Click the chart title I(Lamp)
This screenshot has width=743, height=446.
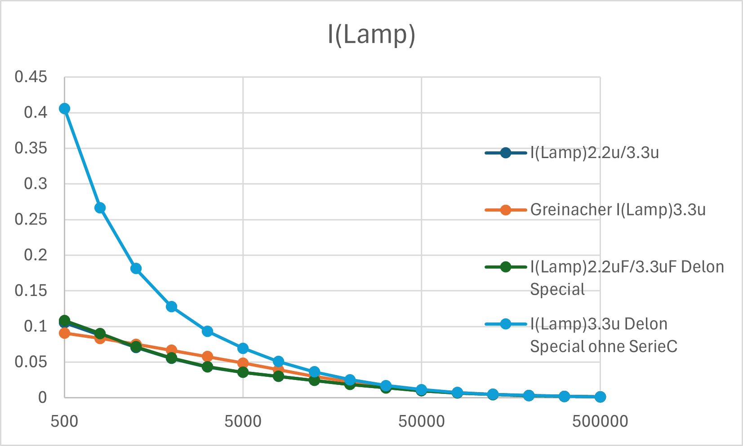[371, 35]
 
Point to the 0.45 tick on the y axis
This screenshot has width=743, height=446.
[31, 77]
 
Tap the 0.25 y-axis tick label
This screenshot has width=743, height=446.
[31, 219]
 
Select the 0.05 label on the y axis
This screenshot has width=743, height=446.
[31, 362]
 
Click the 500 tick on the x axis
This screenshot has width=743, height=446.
[64, 421]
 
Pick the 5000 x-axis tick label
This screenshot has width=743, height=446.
[243, 421]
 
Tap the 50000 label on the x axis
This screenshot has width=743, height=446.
[421, 421]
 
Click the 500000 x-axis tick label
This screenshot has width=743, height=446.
[600, 421]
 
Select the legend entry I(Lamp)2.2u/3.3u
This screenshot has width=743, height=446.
[594, 153]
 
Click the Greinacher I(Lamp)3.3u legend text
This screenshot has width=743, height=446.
[618, 210]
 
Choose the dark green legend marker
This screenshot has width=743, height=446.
[505, 267]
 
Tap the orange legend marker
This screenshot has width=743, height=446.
[505, 210]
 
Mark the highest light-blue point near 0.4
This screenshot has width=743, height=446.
[64, 108]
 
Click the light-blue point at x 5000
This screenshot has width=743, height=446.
[243, 349]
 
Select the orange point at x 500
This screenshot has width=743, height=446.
[64, 333]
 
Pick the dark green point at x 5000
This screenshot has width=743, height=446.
[243, 372]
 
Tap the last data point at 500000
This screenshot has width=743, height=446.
[600, 397]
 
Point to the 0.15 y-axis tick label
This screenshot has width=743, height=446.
[31, 291]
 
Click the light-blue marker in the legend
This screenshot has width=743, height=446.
[505, 324]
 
